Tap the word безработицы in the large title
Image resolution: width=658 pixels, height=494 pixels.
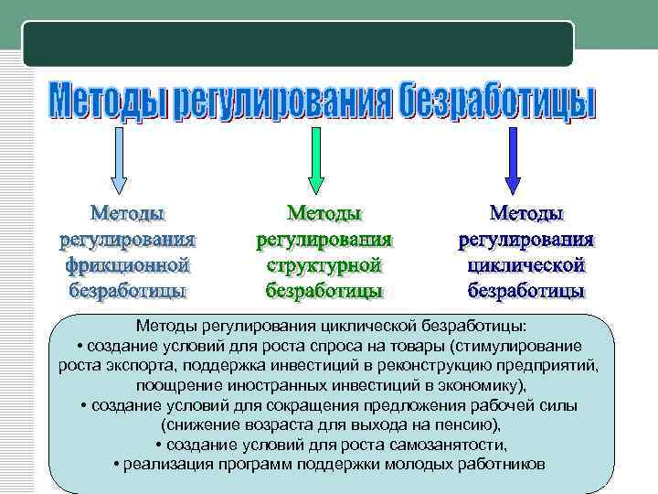click(x=497, y=102)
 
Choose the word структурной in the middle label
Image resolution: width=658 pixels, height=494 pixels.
click(x=324, y=266)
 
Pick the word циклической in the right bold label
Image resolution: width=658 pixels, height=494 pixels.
click(x=525, y=266)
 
